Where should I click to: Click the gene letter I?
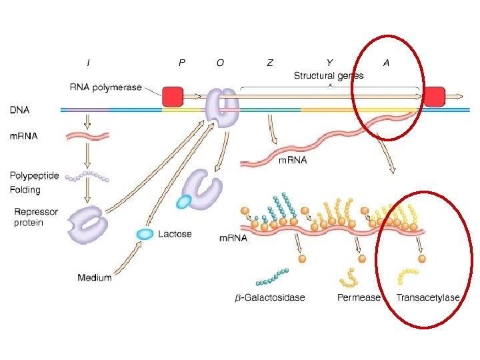pos(89,63)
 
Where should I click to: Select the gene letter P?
pos(182,63)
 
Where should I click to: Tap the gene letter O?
pos(220,63)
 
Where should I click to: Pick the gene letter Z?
pos(269,63)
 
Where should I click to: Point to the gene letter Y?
pos(329,63)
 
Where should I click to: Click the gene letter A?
pos(386,63)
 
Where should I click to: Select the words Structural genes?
pos(329,76)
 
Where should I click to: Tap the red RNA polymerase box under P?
pos(173,96)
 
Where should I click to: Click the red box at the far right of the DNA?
pos(435,97)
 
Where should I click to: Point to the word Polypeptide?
pos(34,176)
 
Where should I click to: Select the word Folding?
pos(25,189)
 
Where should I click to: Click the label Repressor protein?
pos(36,217)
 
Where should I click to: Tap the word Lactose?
pos(175,234)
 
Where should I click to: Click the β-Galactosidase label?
pos(271,297)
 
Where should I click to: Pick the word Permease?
pos(359,297)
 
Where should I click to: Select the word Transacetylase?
pos(428,297)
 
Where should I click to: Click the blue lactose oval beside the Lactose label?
pos(144,234)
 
